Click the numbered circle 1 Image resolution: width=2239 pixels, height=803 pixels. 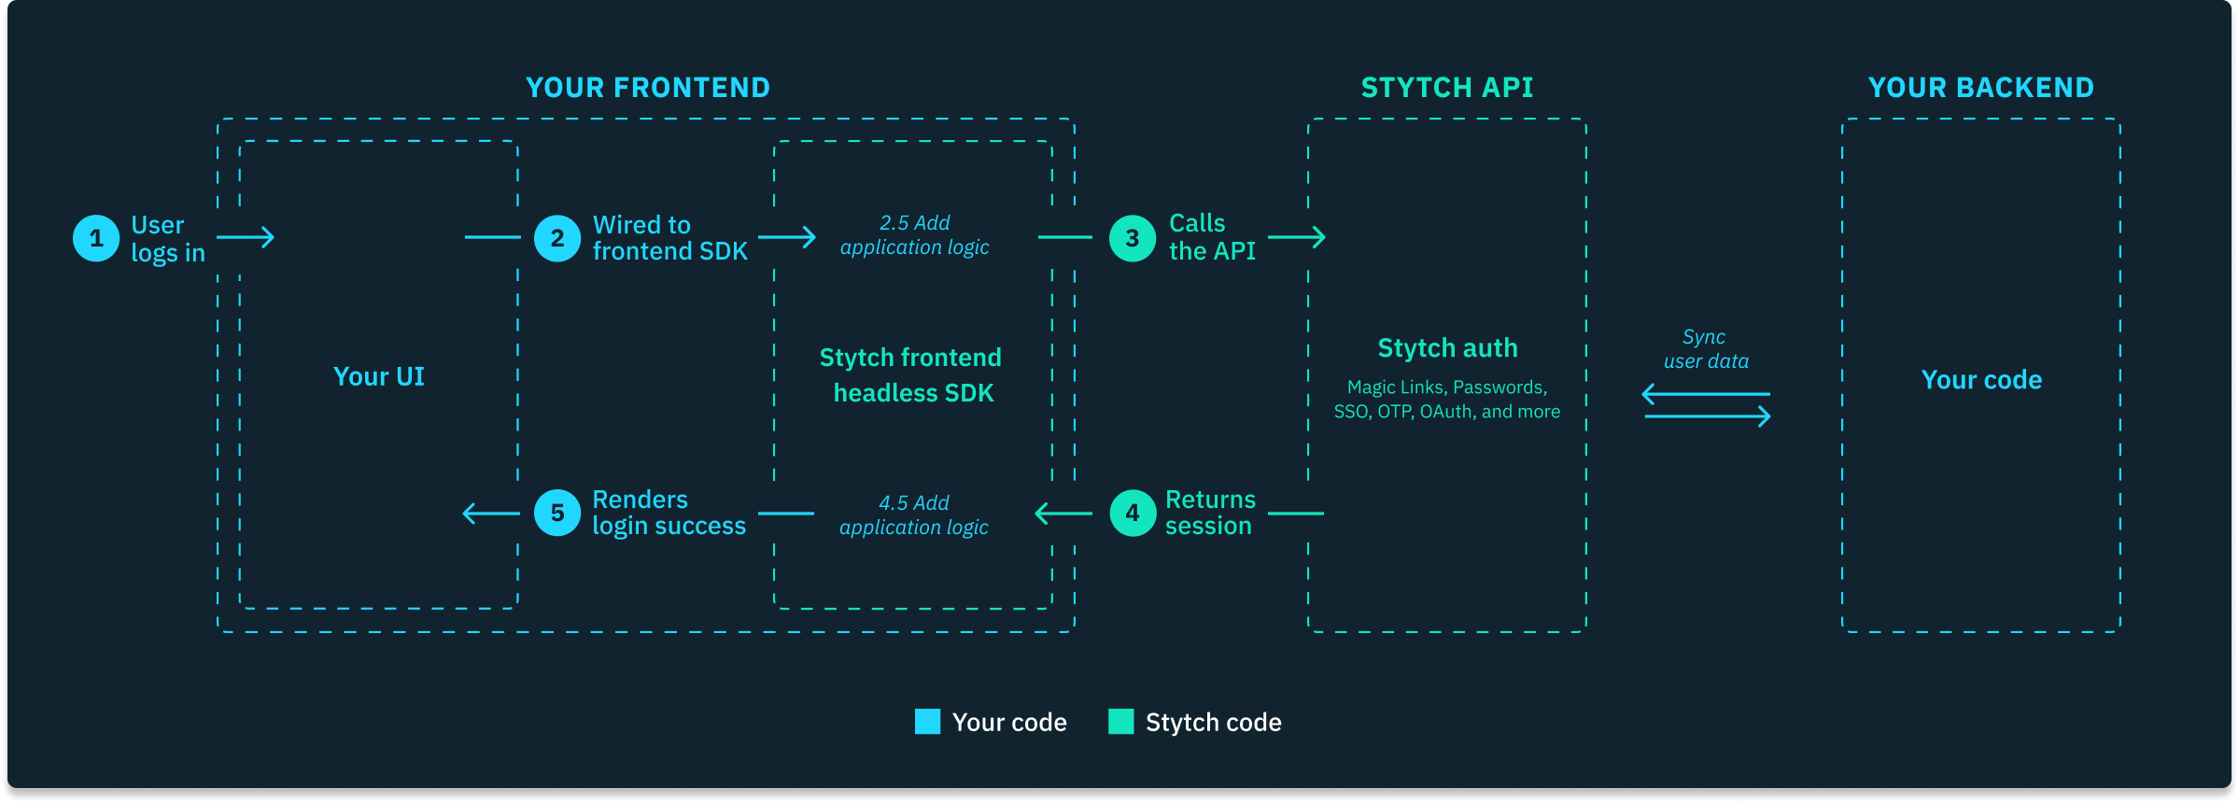click(x=96, y=238)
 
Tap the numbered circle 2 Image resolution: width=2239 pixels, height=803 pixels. click(x=557, y=238)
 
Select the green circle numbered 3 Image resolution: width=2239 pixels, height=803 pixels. click(x=1133, y=238)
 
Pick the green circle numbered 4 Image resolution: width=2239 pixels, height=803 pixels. click(x=1133, y=513)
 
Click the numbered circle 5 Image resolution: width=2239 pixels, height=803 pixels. click(x=557, y=513)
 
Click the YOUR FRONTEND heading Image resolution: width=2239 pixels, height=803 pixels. click(x=648, y=88)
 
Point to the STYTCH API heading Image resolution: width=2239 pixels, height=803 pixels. click(x=1447, y=88)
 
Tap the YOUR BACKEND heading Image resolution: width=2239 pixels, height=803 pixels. click(x=1981, y=88)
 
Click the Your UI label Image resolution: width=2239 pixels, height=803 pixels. click(x=379, y=376)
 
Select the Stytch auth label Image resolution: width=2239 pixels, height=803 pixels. click(x=1447, y=348)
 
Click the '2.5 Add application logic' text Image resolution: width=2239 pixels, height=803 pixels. click(x=914, y=235)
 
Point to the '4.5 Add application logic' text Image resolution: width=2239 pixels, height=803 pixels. click(x=914, y=515)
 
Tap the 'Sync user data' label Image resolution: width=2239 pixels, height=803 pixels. click(x=1706, y=349)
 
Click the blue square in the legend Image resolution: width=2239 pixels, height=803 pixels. click(x=927, y=722)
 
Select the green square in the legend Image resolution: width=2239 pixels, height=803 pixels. click(x=1120, y=722)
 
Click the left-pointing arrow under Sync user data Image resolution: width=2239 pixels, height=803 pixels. click(x=1705, y=394)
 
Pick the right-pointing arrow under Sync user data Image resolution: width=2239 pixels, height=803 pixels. click(x=1707, y=416)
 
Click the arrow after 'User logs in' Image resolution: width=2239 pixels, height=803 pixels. click(x=246, y=237)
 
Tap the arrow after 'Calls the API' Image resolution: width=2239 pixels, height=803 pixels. click(x=1297, y=237)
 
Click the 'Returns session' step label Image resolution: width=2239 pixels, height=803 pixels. click(x=1210, y=513)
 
